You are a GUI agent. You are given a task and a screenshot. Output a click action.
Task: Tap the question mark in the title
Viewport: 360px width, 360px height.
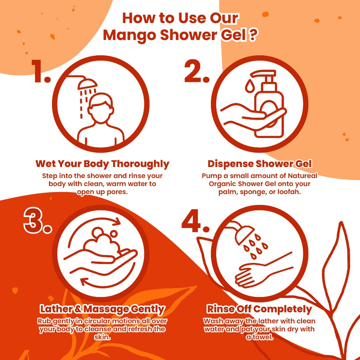252,35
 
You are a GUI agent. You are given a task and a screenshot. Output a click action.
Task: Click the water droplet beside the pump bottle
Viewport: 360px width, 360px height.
249,86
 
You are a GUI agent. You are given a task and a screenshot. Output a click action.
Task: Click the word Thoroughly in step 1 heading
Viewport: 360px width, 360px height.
140,164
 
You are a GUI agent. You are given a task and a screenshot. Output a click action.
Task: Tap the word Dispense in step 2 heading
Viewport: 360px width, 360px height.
231,164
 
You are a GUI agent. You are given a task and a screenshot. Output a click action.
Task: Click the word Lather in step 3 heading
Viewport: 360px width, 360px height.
56,309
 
